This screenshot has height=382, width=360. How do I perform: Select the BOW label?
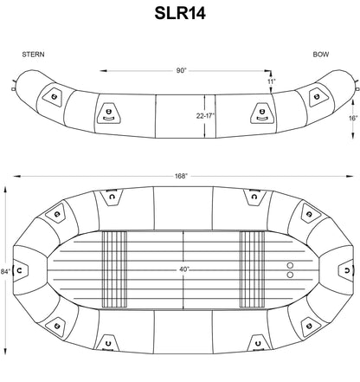[x=321, y=55]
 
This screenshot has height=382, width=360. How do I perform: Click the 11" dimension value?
[x=272, y=81]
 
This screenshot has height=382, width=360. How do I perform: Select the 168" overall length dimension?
[x=179, y=176]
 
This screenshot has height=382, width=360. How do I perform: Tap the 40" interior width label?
[x=183, y=269]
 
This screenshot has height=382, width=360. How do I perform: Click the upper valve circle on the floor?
[x=290, y=264]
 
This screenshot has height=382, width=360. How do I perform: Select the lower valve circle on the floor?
[x=290, y=275]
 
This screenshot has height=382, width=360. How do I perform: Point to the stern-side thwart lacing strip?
[x=114, y=269]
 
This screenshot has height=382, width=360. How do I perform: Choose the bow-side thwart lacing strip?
[x=251, y=269]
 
